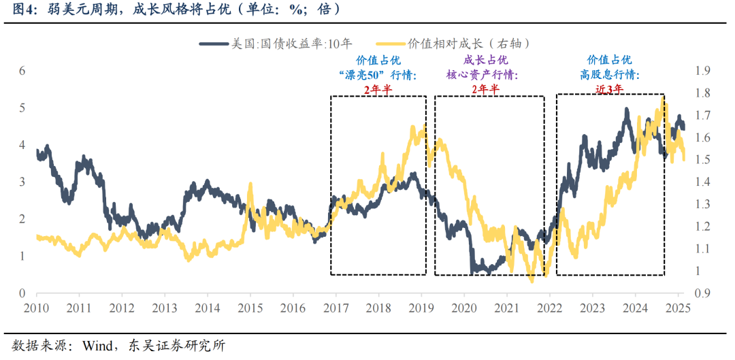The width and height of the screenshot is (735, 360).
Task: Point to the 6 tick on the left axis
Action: coord(22,71)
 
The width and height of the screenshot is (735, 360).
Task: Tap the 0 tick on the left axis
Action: coord(22,293)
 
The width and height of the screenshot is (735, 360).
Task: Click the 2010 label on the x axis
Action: coord(37,308)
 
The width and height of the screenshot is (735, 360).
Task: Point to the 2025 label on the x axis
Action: coord(679,308)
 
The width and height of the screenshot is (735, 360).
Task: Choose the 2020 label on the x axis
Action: coord(464,308)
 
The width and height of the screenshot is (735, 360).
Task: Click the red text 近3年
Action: coord(609,88)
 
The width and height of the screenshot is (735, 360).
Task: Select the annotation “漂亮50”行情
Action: coord(377,74)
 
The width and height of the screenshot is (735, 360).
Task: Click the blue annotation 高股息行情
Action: coord(610,74)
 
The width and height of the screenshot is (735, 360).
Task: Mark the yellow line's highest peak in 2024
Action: coord(662,97)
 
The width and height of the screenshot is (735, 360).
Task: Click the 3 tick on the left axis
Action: coord(22,182)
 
